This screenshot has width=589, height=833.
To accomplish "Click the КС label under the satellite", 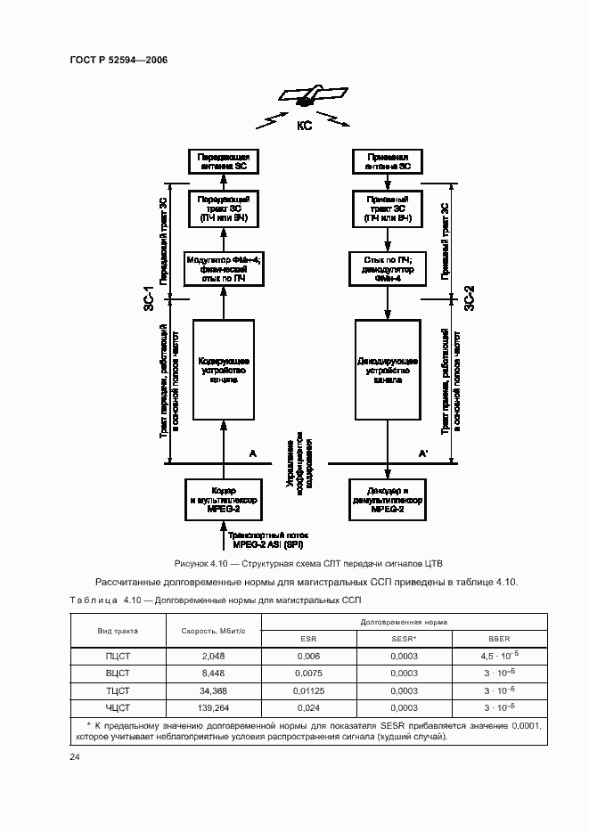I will (x=305, y=127).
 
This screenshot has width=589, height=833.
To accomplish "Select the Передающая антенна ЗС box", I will (x=223, y=162).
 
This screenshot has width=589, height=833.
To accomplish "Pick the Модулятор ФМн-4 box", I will (x=223, y=268).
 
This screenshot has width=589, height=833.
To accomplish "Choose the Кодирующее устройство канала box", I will (x=223, y=371).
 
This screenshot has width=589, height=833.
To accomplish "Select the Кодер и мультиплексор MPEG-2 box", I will (x=223, y=496).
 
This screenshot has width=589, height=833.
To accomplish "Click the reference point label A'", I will (x=423, y=453).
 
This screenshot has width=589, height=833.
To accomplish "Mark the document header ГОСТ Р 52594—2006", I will (x=119, y=60).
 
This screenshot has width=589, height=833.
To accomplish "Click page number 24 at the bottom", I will (x=75, y=757).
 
